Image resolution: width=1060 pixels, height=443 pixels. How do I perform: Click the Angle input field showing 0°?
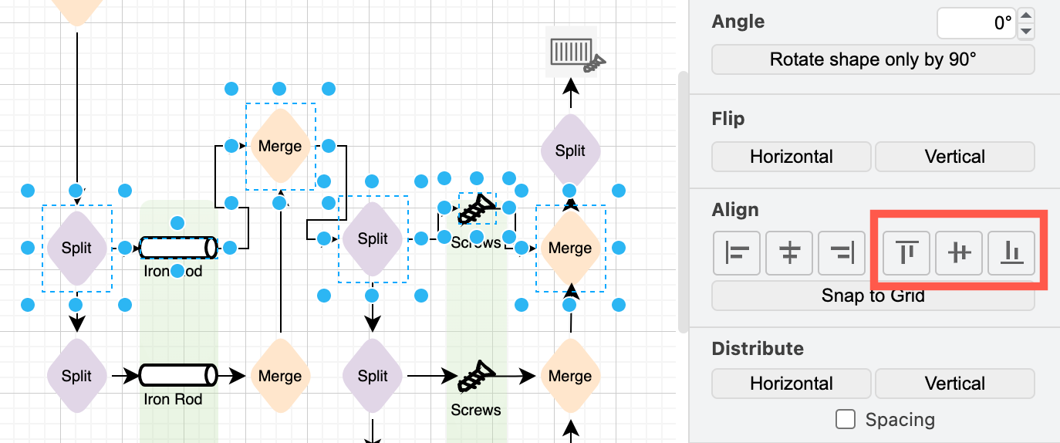tap(975, 23)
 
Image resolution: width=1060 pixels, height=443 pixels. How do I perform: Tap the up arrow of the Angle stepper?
tap(1025, 15)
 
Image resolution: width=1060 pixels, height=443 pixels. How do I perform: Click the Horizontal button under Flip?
tap(791, 157)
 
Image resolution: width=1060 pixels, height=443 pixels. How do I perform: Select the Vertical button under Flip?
tap(954, 157)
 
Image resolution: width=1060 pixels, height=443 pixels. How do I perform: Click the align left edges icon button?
tap(737, 252)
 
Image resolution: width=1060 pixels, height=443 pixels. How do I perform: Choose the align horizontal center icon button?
tap(789, 252)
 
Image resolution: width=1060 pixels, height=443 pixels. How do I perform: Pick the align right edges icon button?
tap(842, 252)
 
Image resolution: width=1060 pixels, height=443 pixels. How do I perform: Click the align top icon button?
tap(906, 252)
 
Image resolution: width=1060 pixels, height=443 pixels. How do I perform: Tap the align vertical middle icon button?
tap(958, 252)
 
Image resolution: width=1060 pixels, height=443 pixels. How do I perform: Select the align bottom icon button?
tap(1011, 252)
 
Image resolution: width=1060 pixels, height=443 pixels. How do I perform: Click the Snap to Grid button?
tap(873, 296)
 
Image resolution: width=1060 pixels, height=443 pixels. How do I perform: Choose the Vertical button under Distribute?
tap(954, 384)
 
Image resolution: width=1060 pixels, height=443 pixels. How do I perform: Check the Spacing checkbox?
tap(846, 420)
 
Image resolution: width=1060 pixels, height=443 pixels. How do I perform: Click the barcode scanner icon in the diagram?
tap(574, 53)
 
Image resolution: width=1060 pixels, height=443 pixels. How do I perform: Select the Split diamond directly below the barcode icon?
tap(570, 150)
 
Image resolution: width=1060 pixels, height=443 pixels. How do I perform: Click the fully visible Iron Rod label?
tap(173, 399)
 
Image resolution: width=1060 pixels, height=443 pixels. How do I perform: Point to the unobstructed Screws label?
tap(476, 410)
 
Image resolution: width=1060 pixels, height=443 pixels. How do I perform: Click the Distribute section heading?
tap(757, 349)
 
